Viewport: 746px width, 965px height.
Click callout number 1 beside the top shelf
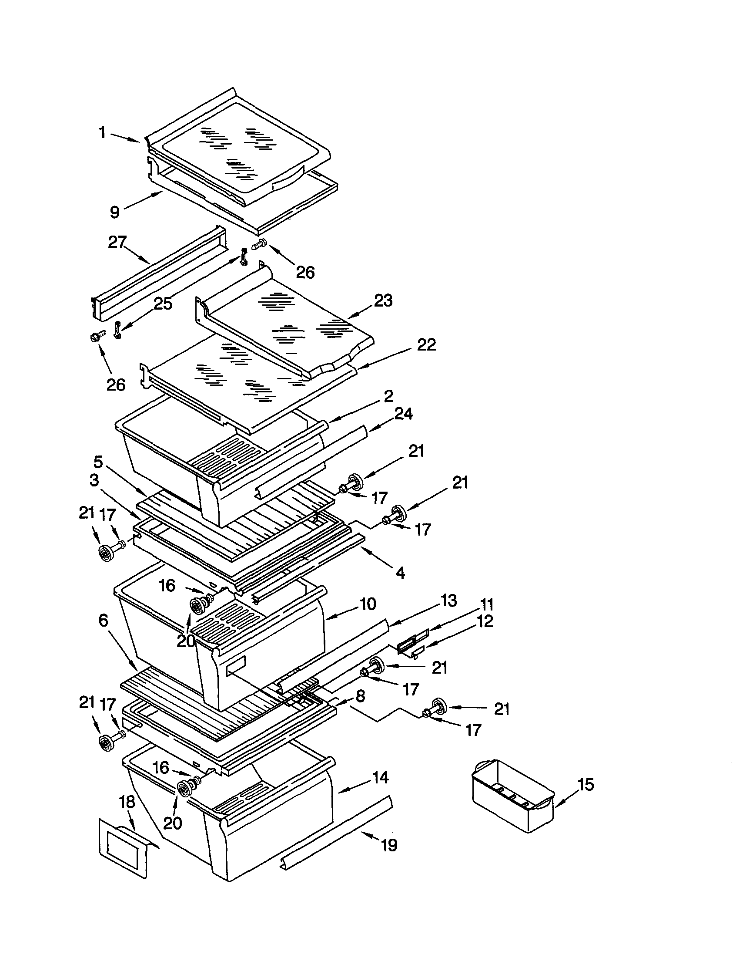click(x=102, y=132)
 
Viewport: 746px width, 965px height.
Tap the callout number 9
click(x=115, y=212)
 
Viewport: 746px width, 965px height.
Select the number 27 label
click(x=117, y=243)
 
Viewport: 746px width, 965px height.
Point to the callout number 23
click(x=383, y=301)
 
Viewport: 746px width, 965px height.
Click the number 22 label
click(x=426, y=345)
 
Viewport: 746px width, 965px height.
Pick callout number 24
click(x=404, y=414)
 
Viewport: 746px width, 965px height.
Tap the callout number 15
click(x=586, y=785)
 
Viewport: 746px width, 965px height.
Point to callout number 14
click(x=380, y=778)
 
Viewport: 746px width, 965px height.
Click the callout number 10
click(x=368, y=604)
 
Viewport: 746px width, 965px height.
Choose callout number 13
click(x=448, y=601)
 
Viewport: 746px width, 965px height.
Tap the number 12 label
click(x=485, y=621)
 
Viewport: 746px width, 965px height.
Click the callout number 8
click(x=360, y=696)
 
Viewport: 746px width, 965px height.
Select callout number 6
click(x=103, y=621)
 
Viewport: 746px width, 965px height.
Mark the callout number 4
click(x=400, y=573)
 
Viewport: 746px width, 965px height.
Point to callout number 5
click(x=98, y=462)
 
